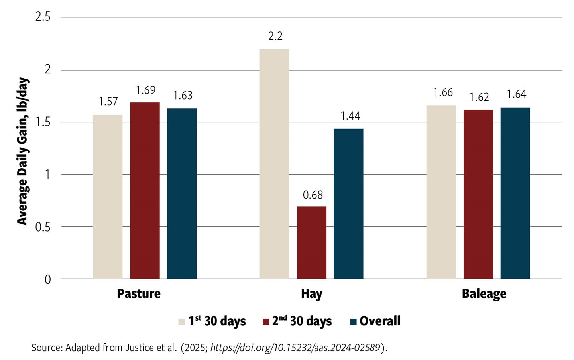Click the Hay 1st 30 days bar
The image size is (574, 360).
pos(274,163)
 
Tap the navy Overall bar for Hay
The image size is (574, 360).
pos(348,203)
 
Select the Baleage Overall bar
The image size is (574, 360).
pos(515,193)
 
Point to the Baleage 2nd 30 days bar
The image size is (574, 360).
pos(478,194)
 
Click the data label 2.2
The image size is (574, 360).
pos(275,36)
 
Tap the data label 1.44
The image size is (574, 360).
pos(350,116)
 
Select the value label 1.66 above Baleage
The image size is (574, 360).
pos(443,93)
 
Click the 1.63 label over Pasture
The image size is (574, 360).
pos(183,96)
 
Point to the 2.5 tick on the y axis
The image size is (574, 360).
pos(43,17)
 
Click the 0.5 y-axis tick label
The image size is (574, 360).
pos(43,227)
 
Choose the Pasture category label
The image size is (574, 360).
pos(138,294)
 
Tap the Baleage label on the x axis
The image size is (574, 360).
pos(484,294)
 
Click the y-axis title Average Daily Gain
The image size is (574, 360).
pos(22,151)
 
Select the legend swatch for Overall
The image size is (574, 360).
pos(353,322)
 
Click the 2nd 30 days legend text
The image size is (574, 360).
pos(302,321)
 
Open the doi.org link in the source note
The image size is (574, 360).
pos(295,348)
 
